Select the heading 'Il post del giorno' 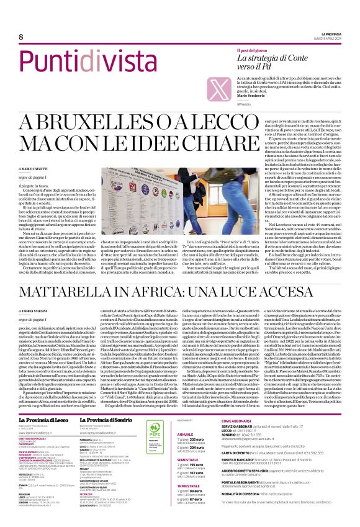[x=255, y=49]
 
